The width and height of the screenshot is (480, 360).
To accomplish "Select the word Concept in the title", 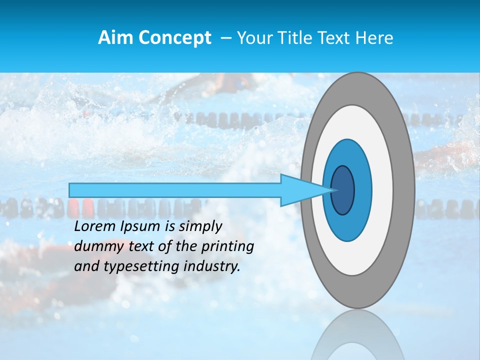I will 174,37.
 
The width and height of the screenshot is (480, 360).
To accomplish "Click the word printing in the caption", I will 229,247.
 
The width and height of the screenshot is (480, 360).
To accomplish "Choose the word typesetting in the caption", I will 132,267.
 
